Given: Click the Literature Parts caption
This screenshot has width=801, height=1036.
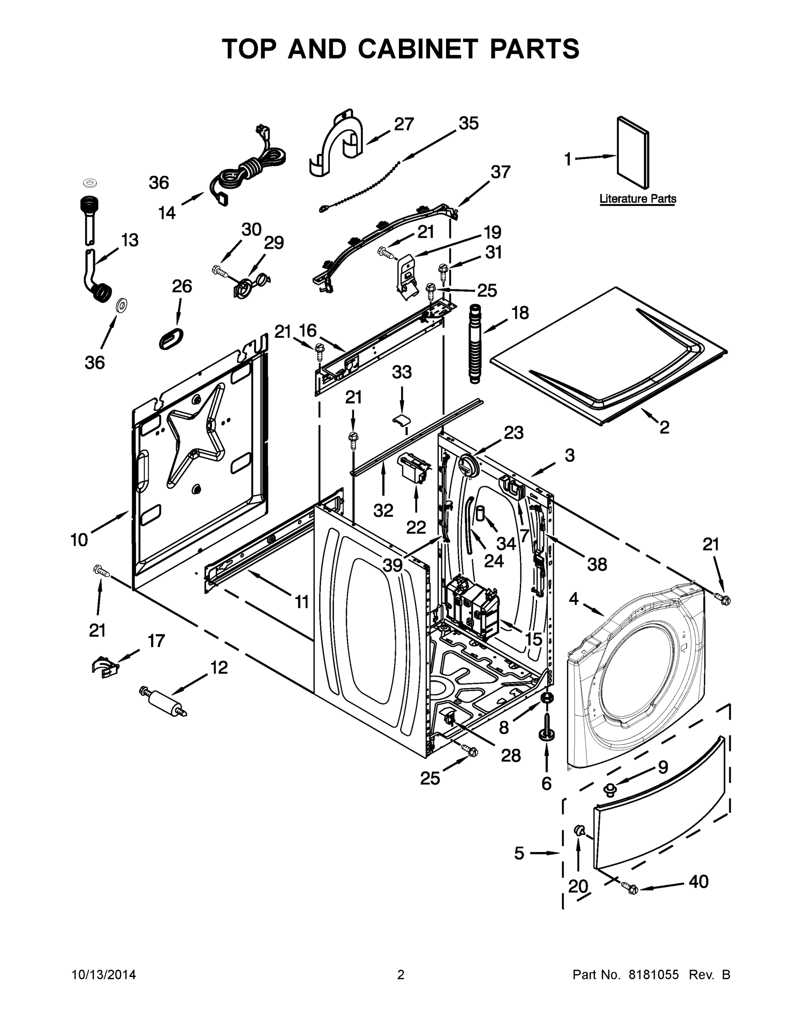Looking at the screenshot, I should pyautogui.click(x=637, y=199).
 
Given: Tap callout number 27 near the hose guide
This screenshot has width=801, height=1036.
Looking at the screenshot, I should pyautogui.click(x=404, y=124).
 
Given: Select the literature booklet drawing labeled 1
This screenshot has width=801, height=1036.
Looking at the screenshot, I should pyautogui.click(x=633, y=152).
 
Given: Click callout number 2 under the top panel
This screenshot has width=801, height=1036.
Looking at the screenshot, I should pyautogui.click(x=665, y=427).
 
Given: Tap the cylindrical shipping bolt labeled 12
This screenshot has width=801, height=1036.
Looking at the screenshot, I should pyautogui.click(x=163, y=701).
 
